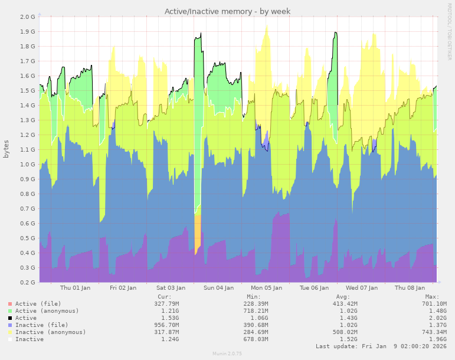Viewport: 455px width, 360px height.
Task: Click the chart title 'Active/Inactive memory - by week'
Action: [227, 11]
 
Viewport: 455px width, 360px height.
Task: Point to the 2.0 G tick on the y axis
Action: [28, 17]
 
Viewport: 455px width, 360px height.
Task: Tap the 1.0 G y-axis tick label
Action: [28, 164]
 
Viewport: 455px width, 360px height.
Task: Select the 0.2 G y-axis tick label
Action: [28, 282]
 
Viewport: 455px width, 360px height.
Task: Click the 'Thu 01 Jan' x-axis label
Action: [76, 288]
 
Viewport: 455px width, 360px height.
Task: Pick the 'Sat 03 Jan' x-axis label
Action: [171, 288]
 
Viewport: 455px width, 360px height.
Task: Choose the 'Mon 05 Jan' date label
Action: [266, 288]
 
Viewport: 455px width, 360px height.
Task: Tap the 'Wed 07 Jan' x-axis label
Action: [362, 288]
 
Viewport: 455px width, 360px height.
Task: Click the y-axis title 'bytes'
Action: [6, 149]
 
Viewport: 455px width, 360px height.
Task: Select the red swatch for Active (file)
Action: [9, 304]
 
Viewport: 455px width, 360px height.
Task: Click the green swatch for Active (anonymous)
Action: [9, 311]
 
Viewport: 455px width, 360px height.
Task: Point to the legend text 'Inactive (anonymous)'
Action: [51, 332]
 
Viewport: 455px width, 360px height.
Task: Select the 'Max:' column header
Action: [432, 297]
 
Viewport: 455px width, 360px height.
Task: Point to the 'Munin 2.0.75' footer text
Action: [227, 354]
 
